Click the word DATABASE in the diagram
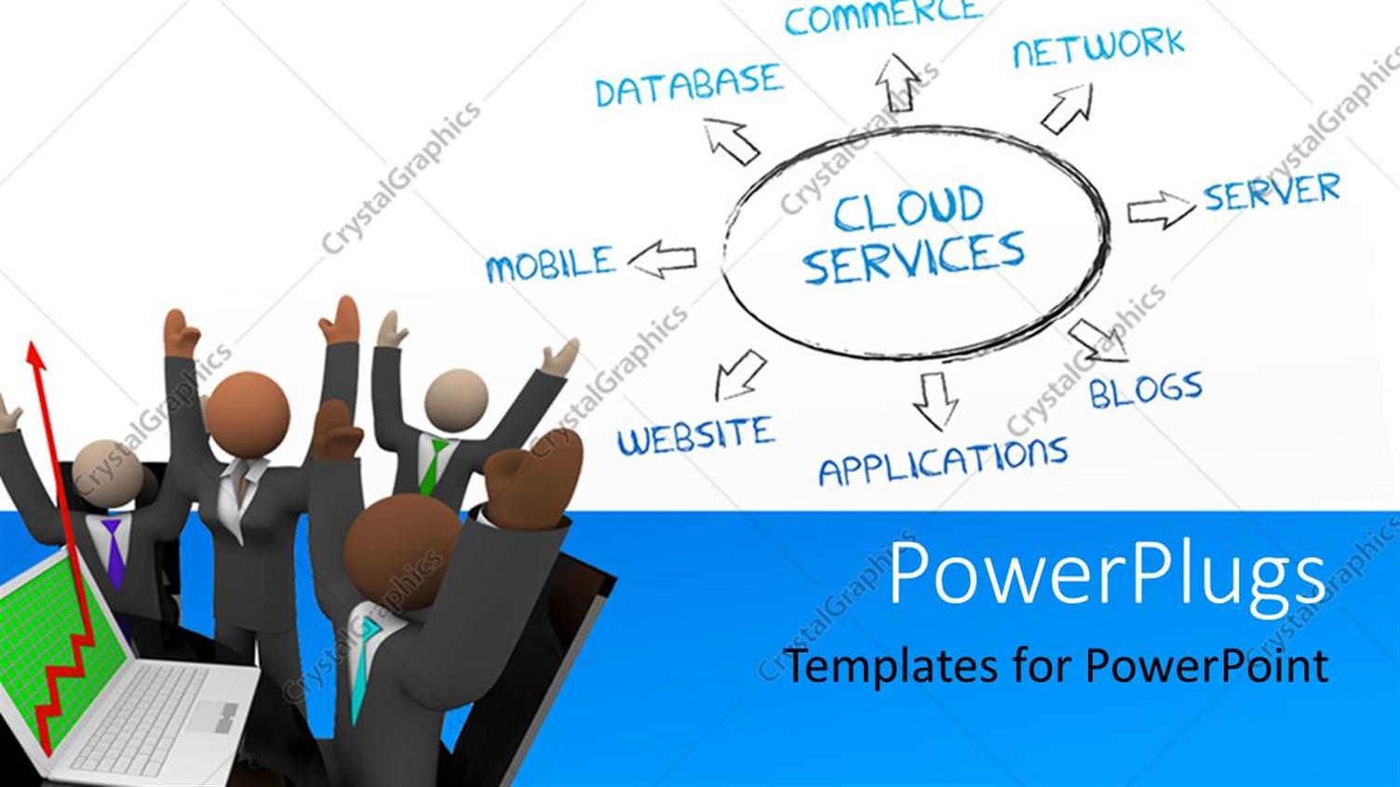pos(688,86)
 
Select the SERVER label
pos(1271,193)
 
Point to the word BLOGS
pos(1146,390)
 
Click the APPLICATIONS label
pos(942,460)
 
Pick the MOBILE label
pos(550,264)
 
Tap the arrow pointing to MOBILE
pos(663,260)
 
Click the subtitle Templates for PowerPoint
pos(1056,666)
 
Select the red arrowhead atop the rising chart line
pos(36,354)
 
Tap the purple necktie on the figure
pos(113,554)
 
